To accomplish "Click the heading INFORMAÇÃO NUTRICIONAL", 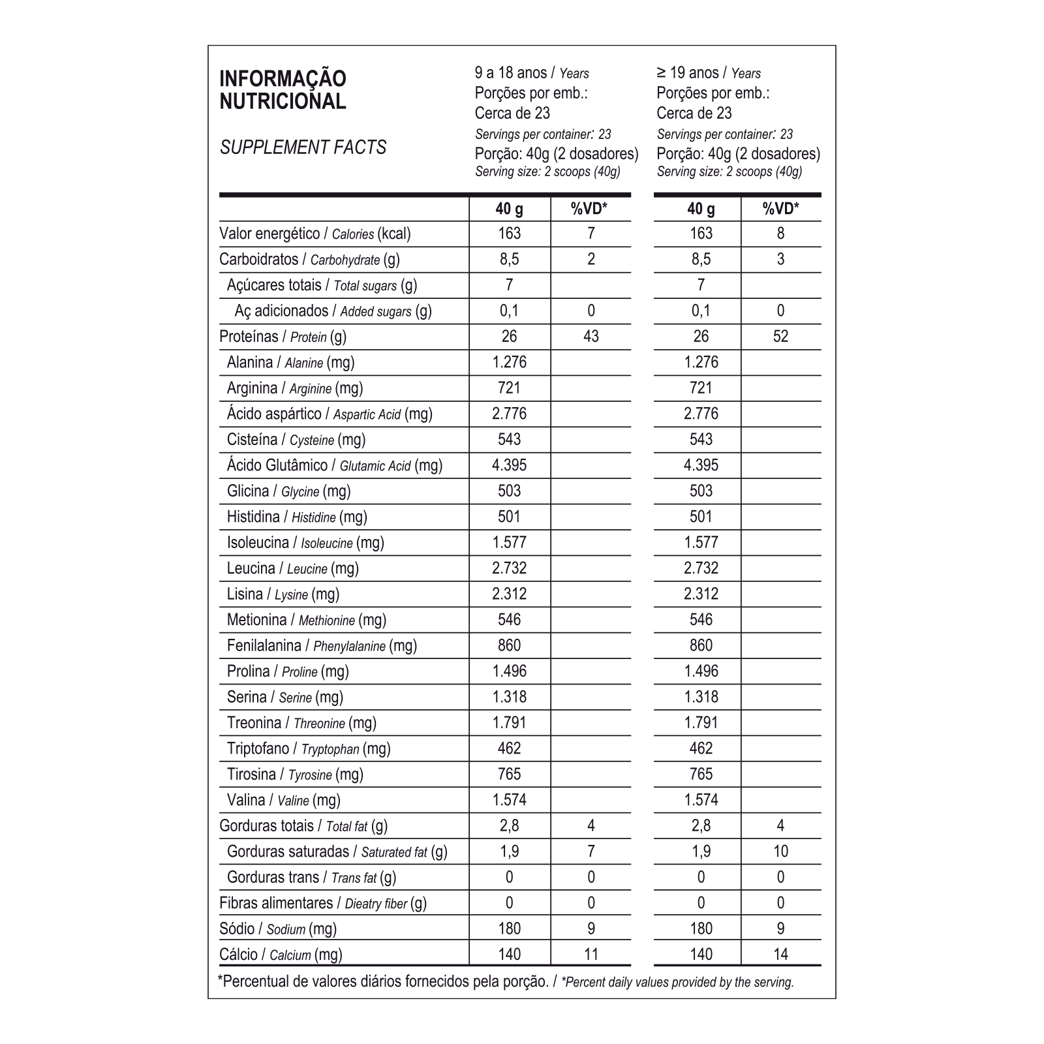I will click(x=283, y=90).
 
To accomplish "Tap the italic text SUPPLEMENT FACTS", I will click(x=303, y=147).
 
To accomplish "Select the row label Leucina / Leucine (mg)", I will click(x=292, y=568).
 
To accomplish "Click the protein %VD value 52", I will click(x=780, y=337).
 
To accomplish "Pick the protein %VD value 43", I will click(x=591, y=337).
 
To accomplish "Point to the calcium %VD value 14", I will click(x=780, y=955).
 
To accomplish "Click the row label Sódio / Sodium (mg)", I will click(x=278, y=929).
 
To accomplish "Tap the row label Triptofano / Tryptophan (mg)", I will click(x=308, y=748).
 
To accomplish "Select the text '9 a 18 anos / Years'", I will click(x=532, y=73).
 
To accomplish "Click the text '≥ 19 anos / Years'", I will click(x=709, y=73).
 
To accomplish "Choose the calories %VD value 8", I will click(x=780, y=234).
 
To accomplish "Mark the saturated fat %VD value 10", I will click(x=780, y=852).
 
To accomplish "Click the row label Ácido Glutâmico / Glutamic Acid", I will click(x=334, y=465).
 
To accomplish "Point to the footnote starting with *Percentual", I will click(x=506, y=981).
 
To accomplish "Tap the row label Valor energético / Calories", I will click(x=315, y=234).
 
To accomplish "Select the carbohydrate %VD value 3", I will click(x=780, y=259).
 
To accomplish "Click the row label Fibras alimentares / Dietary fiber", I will click(x=322, y=903).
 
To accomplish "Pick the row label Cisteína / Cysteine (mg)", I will click(x=296, y=440).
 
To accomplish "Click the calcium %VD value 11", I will click(x=591, y=955).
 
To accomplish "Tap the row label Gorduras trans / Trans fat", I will click(x=311, y=878).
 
